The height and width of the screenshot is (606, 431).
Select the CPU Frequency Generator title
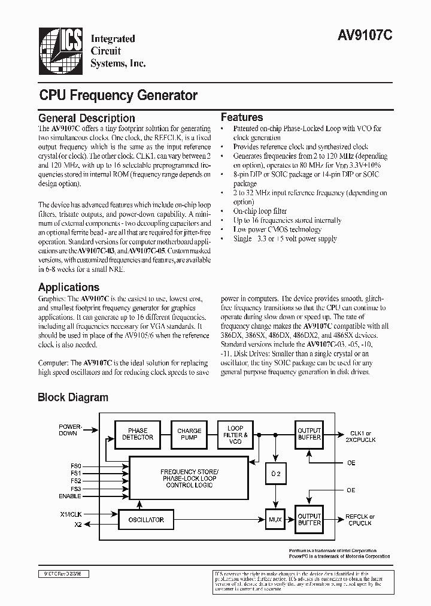pyautogui.click(x=118, y=95)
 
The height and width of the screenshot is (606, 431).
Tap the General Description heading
pyautogui.click(x=87, y=118)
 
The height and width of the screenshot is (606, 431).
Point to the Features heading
pyautogui.click(x=242, y=117)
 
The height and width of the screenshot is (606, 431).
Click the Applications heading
pyautogui.click(x=69, y=287)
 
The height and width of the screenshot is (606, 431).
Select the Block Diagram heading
pyautogui.click(x=73, y=397)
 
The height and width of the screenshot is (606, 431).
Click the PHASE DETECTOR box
pyautogui.click(x=138, y=434)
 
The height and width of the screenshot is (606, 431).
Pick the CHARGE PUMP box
pyautogui.click(x=189, y=434)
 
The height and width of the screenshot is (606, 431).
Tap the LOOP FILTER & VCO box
pyautogui.click(x=235, y=435)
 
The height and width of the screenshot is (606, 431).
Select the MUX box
pyautogui.click(x=275, y=519)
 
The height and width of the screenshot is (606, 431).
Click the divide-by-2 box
pyautogui.click(x=275, y=474)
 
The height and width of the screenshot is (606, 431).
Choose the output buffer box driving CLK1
pyautogui.click(x=309, y=434)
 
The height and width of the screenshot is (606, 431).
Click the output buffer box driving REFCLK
pyautogui.click(x=309, y=519)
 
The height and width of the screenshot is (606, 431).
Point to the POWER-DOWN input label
pyautogui.click(x=68, y=430)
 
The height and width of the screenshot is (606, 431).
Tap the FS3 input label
pyautogui.click(x=75, y=489)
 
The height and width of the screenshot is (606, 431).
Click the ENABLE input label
pyautogui.click(x=69, y=496)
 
